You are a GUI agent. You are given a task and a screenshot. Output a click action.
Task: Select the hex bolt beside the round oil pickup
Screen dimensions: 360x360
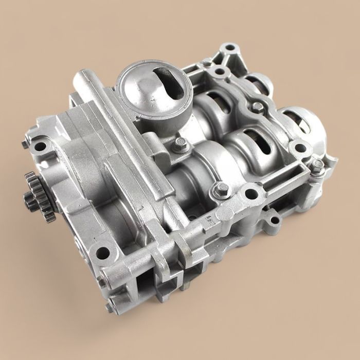181,145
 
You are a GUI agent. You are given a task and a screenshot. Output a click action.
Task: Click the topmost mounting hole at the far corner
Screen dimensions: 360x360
229,48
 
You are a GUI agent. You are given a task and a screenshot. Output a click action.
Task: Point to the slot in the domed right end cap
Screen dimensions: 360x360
301,126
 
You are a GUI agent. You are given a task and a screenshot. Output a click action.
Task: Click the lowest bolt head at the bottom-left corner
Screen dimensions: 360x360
110,307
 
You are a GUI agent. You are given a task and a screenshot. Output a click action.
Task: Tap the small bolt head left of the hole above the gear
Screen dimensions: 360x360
25,145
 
